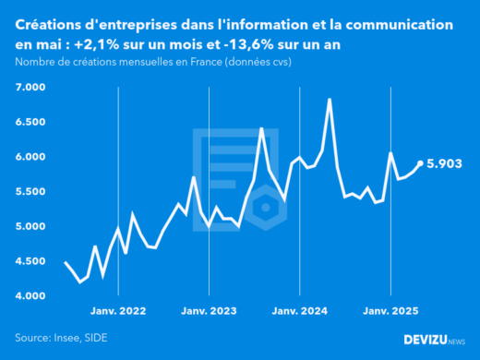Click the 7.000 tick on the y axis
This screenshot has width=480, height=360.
tap(30, 88)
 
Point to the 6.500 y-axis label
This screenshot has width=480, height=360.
tap(30, 123)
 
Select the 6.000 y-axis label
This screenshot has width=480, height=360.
tap(30, 157)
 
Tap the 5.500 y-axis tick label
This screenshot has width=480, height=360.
tap(30, 192)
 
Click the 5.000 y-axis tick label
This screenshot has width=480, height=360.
tap(30, 227)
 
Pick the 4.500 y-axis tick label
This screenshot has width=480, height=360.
tap(30, 262)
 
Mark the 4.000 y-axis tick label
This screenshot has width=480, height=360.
tap(30, 296)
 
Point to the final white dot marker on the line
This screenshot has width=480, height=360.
tap(421, 163)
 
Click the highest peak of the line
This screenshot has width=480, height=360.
tap(330, 99)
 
